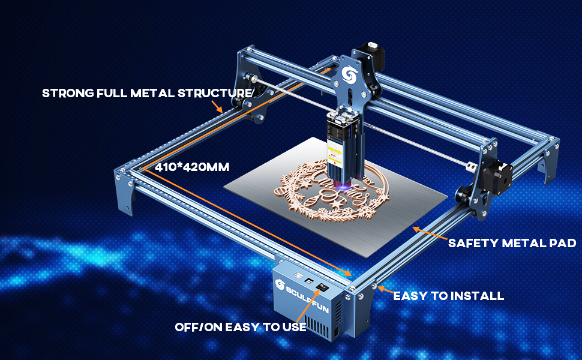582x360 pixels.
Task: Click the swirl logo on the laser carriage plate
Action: tap(347, 74)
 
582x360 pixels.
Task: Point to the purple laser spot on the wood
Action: tap(343, 189)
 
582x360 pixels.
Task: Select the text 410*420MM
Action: tap(191, 166)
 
